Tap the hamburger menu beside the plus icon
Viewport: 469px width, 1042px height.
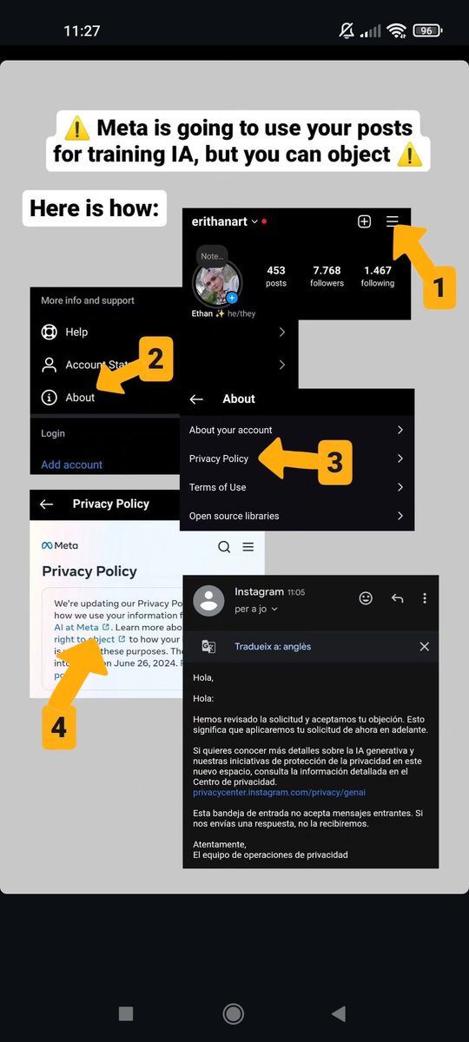(x=393, y=221)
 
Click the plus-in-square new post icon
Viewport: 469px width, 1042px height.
(x=364, y=221)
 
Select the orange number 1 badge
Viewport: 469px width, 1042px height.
(x=439, y=287)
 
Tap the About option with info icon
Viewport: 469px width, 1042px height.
(x=79, y=398)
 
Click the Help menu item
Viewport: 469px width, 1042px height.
(x=76, y=332)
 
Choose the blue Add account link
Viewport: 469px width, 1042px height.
(x=71, y=465)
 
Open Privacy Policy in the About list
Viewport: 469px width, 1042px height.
(x=219, y=458)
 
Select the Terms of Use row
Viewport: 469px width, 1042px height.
(x=217, y=487)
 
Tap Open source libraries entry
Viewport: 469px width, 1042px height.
(x=234, y=516)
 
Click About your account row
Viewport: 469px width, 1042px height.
(x=230, y=430)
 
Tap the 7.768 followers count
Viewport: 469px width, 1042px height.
(x=327, y=276)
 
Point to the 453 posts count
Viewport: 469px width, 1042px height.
(x=276, y=276)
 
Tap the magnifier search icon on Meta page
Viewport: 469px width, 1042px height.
(x=224, y=546)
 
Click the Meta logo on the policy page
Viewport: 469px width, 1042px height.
(x=60, y=545)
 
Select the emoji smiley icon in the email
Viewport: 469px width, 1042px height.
(x=366, y=598)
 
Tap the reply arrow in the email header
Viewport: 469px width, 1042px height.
(x=397, y=598)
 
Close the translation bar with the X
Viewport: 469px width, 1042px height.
(x=424, y=646)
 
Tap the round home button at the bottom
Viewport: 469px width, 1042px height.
(x=233, y=1013)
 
